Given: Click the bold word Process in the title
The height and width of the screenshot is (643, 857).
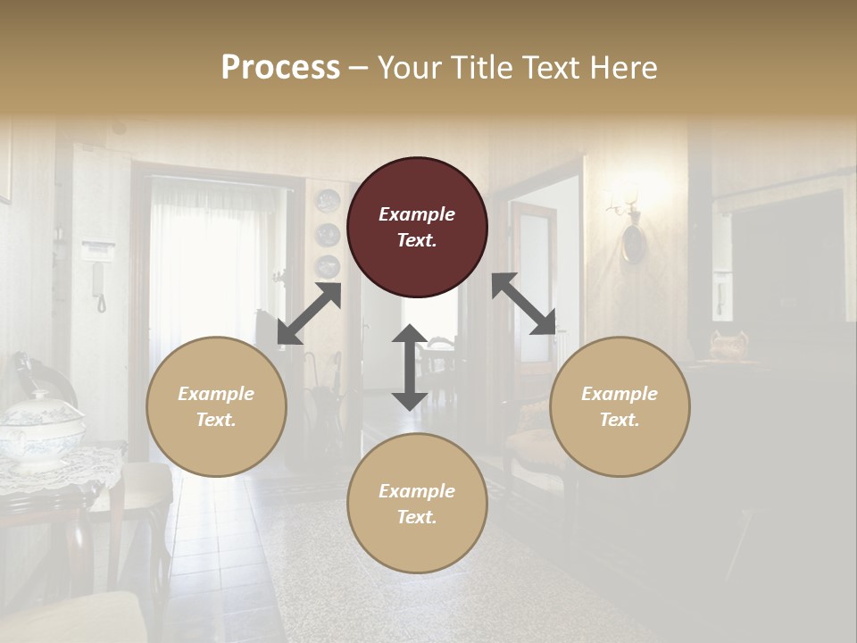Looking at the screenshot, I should pyautogui.click(x=280, y=68).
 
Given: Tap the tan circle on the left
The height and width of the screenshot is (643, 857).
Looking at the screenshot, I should pyautogui.click(x=216, y=406).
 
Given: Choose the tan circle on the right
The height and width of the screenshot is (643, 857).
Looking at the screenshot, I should pyautogui.click(x=620, y=406).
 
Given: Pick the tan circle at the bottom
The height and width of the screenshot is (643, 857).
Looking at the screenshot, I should pyautogui.click(x=417, y=504).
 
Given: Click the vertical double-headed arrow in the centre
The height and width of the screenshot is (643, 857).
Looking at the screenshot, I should pyautogui.click(x=410, y=367).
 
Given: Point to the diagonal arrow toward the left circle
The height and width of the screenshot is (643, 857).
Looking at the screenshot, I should pyautogui.click(x=309, y=313).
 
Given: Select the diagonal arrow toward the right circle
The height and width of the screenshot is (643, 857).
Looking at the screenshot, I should pyautogui.click(x=523, y=304).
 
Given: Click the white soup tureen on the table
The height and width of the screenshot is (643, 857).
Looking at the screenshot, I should pyautogui.click(x=40, y=429).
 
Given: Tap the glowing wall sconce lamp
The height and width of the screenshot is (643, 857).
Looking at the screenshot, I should pyautogui.click(x=625, y=201).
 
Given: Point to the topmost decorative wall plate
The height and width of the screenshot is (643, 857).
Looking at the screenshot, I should pyautogui.click(x=328, y=201).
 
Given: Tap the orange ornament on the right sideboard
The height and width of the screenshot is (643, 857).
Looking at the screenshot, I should pyautogui.click(x=728, y=345).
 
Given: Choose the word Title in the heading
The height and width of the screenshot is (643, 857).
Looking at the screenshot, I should pyautogui.click(x=487, y=68).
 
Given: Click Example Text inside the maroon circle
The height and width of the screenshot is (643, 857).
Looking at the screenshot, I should pyautogui.click(x=417, y=227).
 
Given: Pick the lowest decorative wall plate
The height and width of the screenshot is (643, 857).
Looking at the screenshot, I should pyautogui.click(x=328, y=265).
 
